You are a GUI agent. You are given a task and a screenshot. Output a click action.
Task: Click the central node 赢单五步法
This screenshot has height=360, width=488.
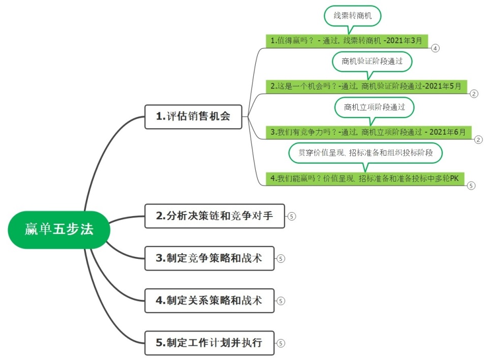(x=59, y=230)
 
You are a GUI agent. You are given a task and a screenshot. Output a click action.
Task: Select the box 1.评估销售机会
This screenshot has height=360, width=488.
(x=193, y=116)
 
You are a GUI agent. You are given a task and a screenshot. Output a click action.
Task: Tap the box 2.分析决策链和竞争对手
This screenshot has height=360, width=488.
(x=215, y=216)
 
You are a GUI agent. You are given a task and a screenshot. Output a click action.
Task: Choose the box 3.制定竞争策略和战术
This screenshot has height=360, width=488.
(x=209, y=258)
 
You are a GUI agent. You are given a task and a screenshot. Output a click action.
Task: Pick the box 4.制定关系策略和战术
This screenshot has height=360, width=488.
(x=209, y=301)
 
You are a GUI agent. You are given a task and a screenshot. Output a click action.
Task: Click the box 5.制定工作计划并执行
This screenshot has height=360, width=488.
(x=209, y=343)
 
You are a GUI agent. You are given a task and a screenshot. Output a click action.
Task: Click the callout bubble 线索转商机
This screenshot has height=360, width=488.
(x=352, y=16)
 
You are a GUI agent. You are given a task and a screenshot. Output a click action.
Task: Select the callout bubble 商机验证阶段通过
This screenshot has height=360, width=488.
(x=372, y=62)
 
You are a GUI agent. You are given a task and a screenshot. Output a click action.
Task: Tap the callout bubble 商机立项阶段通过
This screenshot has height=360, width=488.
(x=374, y=107)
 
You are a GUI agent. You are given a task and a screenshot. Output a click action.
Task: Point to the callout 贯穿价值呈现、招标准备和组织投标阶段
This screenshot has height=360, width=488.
(x=365, y=153)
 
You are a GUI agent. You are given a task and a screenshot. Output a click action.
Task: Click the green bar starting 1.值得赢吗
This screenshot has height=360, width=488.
(x=349, y=41)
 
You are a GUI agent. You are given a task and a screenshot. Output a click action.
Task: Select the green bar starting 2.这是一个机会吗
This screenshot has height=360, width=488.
(x=366, y=86)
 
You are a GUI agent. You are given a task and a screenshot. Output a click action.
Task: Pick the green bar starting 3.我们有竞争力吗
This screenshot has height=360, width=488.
(x=368, y=132)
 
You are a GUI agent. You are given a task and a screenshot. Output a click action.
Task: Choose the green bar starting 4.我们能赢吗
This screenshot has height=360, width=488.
(x=365, y=178)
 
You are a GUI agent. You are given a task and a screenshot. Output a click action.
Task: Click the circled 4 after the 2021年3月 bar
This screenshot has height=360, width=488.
(x=435, y=48)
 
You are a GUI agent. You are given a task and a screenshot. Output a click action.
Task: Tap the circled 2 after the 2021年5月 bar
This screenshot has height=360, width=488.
(x=474, y=94)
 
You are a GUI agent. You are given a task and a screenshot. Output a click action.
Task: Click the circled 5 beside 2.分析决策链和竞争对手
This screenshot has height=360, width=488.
(x=291, y=216)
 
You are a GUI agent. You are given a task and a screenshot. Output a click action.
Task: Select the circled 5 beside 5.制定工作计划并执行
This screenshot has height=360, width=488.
(x=281, y=343)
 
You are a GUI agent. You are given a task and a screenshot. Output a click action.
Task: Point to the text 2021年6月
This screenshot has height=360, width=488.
(x=447, y=132)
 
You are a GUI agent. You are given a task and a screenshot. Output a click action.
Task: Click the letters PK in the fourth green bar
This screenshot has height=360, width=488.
(x=454, y=178)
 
